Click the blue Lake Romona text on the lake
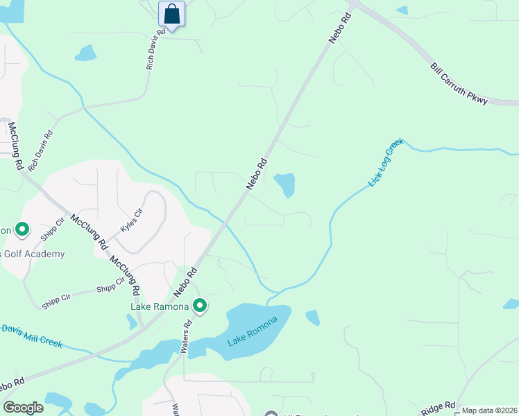click(253, 333)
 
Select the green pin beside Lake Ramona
click(201, 306)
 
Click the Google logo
click(23, 408)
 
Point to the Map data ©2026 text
click(489, 410)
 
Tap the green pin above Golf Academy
click(22, 229)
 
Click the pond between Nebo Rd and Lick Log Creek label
click(285, 184)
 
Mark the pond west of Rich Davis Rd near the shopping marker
click(85, 53)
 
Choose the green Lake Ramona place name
click(160, 306)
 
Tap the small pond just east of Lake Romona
click(313, 318)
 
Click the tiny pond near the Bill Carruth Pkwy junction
click(402, 10)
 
